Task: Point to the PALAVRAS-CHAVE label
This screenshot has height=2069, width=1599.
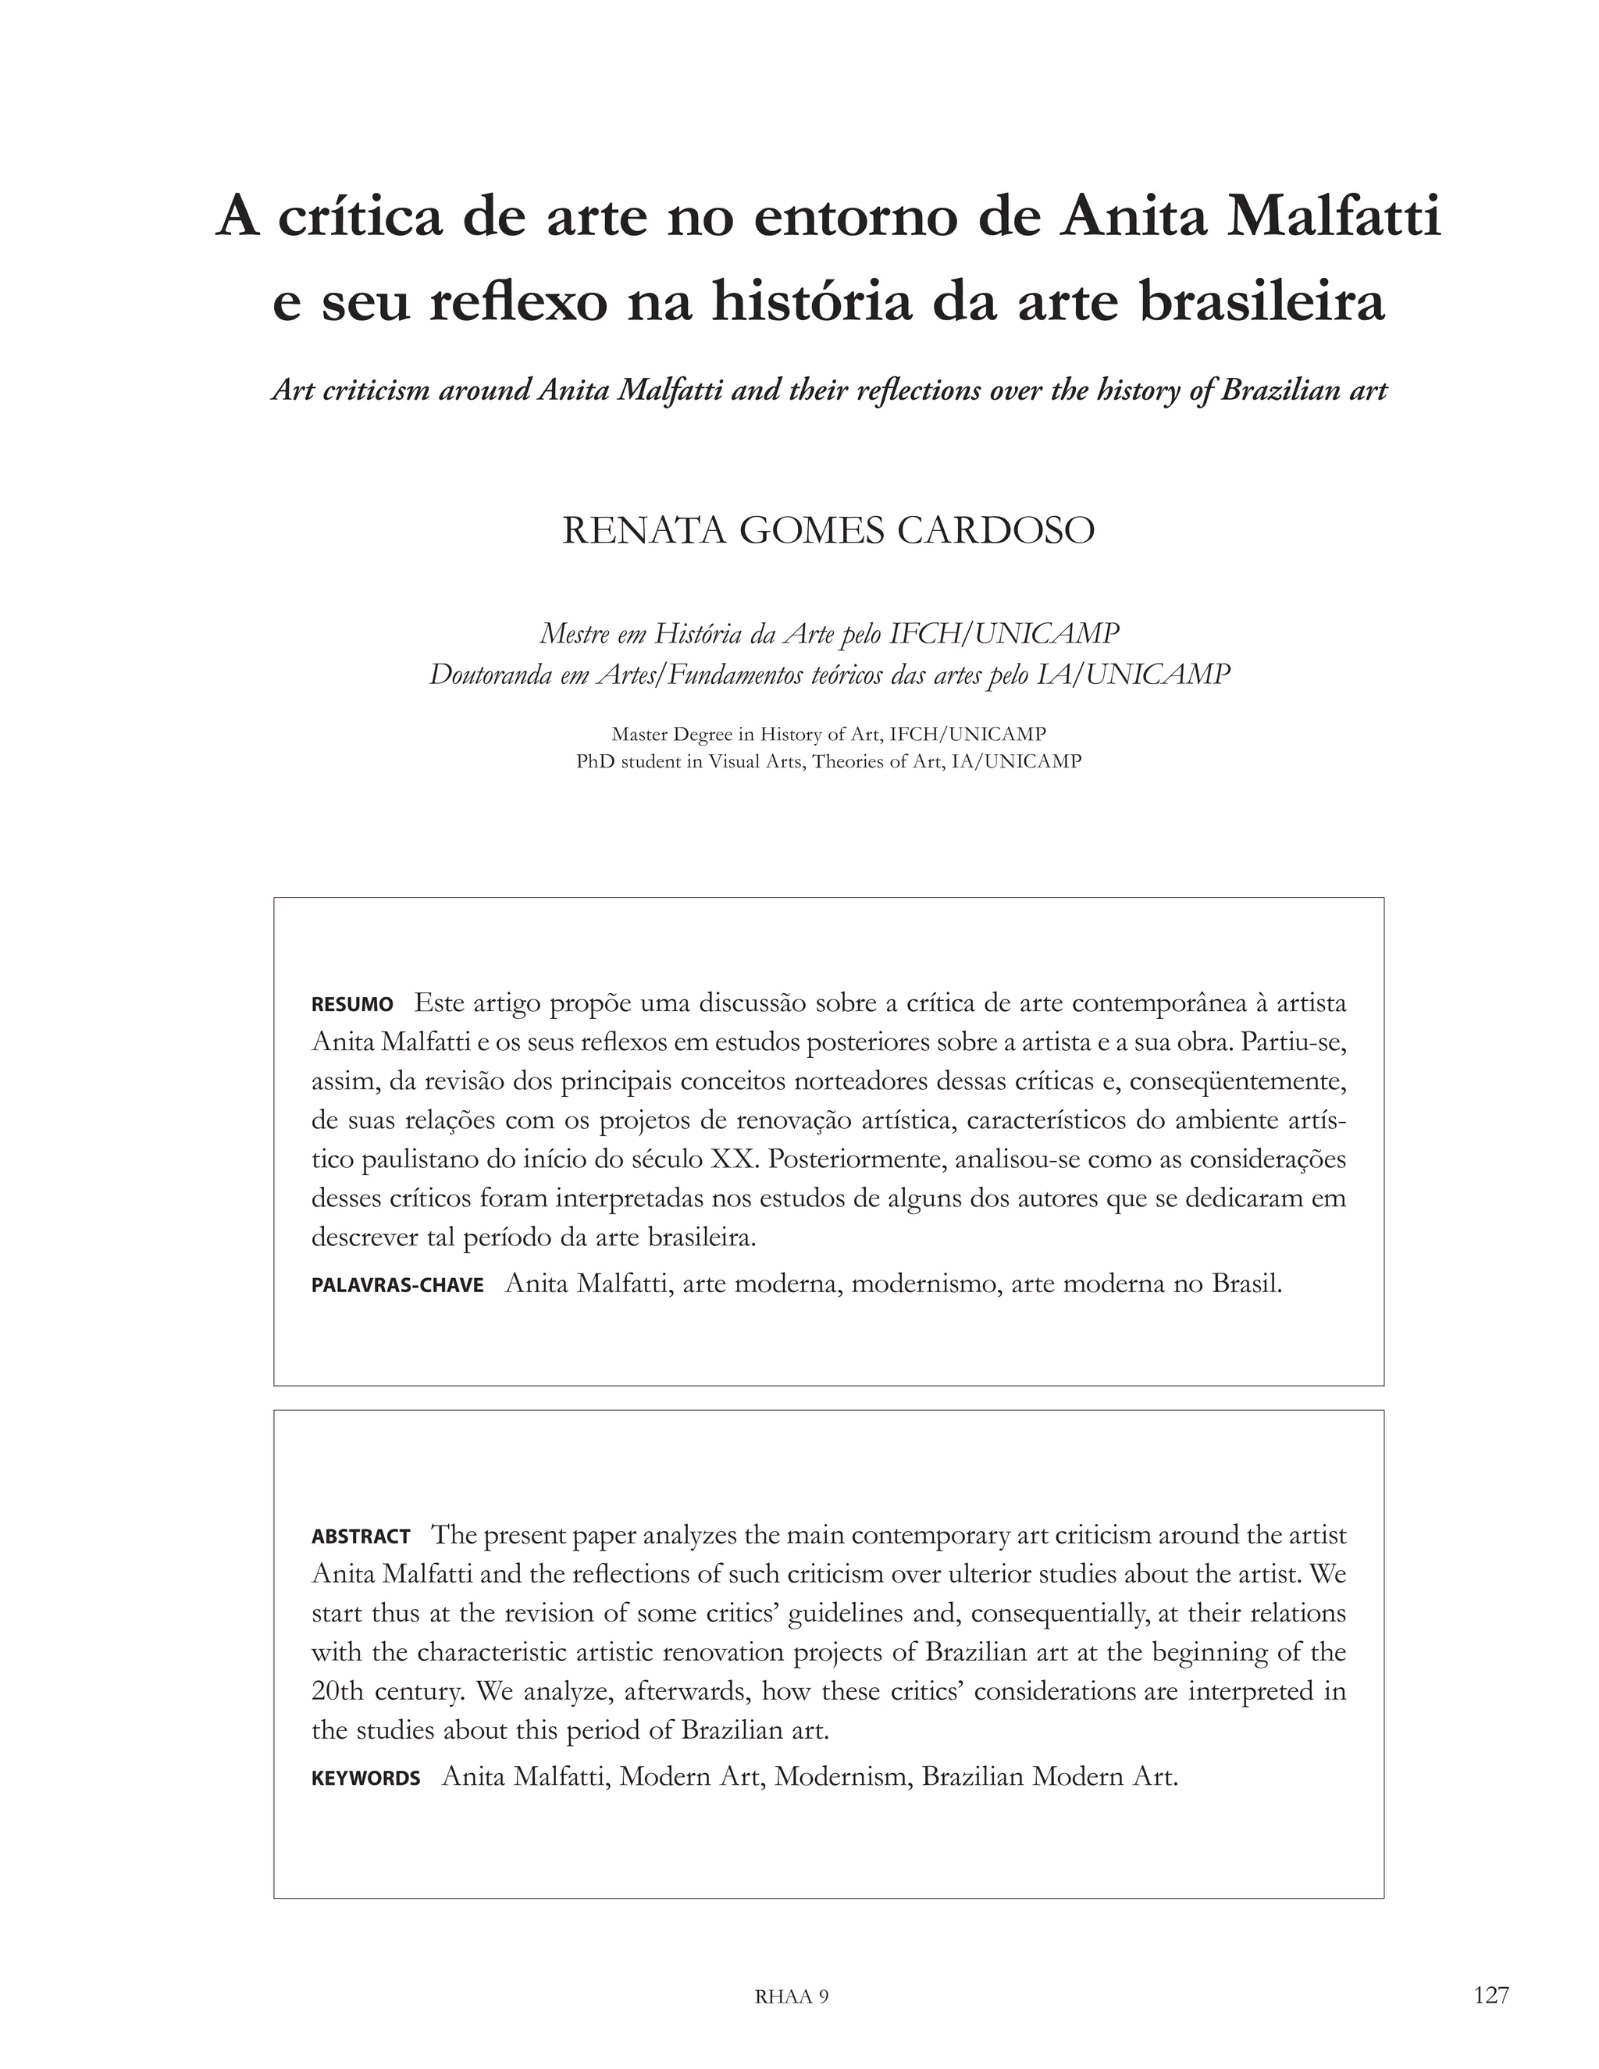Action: coord(397,1286)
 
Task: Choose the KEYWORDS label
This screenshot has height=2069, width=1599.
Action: coord(365,1778)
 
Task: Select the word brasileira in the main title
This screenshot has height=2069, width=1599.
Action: coord(1262,303)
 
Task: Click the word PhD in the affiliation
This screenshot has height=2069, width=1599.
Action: coord(595,762)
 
